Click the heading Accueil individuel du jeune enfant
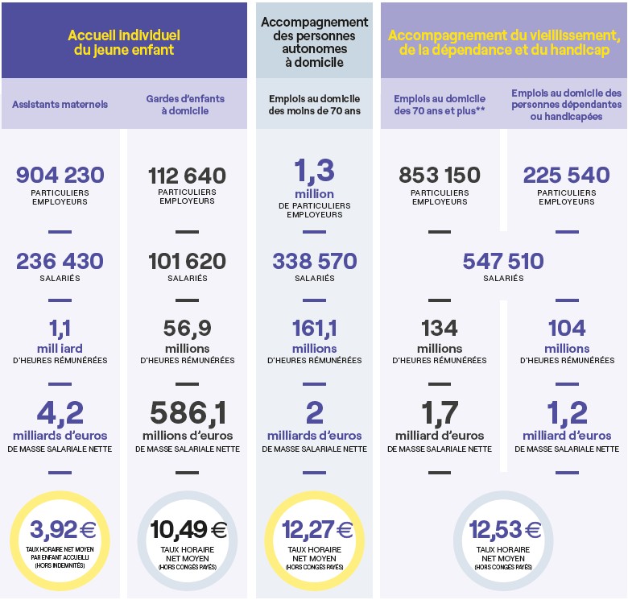tap(123, 43)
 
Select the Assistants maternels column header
tap(60, 105)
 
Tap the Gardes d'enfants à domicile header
tap(186, 105)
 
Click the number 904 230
tap(60, 175)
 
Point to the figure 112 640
tap(187, 176)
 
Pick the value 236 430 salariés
tap(60, 261)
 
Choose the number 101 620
tap(187, 261)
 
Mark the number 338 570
tap(314, 261)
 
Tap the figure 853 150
tap(440, 175)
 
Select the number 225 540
tap(567, 175)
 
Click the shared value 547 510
tap(503, 261)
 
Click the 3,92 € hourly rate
tap(62, 529)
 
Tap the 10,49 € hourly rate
tap(188, 529)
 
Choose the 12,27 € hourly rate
tap(317, 529)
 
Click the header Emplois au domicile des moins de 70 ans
tap(314, 105)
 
